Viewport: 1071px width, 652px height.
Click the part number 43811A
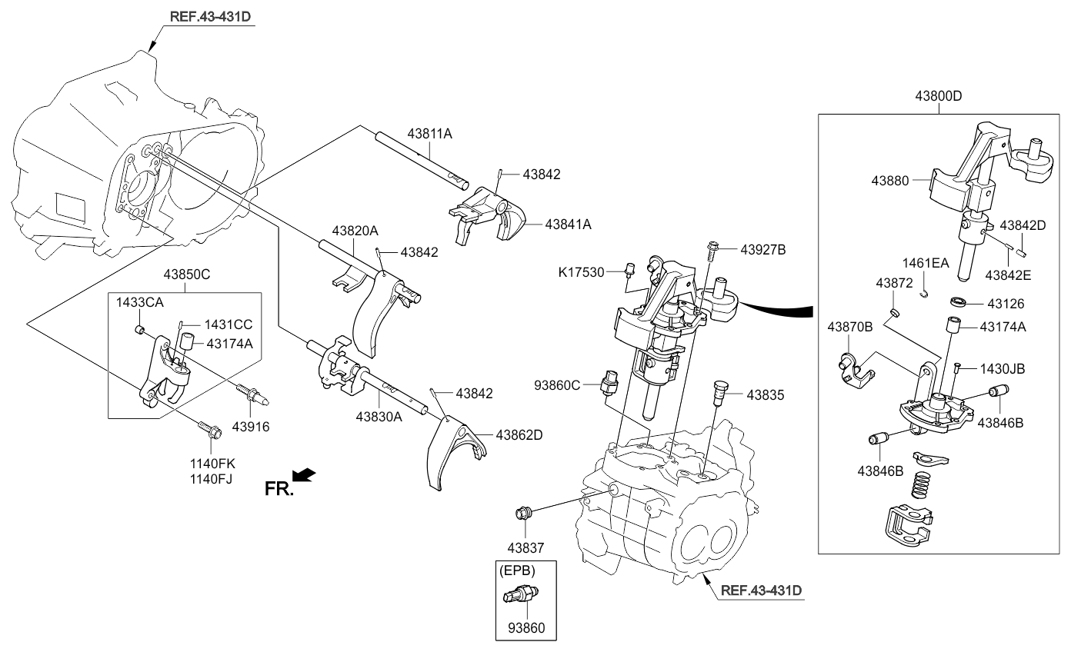point(429,134)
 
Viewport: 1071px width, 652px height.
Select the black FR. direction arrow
point(304,474)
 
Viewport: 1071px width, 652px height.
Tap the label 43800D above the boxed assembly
point(938,96)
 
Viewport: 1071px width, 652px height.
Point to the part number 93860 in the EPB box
point(526,628)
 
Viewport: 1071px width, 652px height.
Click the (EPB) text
point(517,570)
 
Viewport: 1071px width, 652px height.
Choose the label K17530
point(582,272)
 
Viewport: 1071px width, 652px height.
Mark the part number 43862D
point(519,435)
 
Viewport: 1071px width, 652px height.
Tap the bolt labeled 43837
point(524,514)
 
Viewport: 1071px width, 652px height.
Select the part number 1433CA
point(139,302)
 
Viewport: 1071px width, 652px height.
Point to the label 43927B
point(763,250)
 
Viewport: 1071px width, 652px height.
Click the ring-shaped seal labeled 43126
point(958,301)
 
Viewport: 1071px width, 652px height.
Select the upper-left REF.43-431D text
point(210,17)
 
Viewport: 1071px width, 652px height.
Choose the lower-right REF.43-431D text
point(761,590)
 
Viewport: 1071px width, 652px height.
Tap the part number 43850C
point(186,274)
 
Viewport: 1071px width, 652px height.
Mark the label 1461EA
point(925,263)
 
